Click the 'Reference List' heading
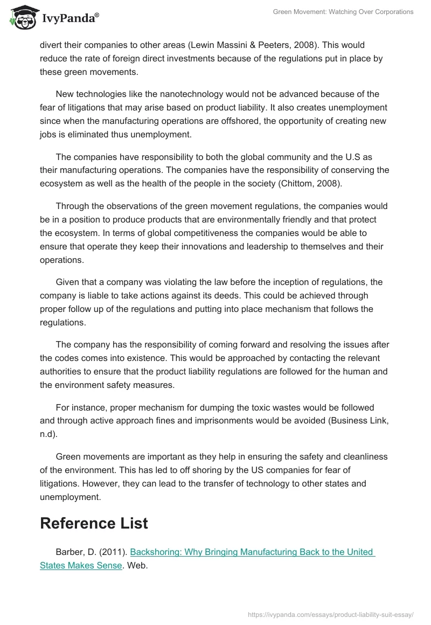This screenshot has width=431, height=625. point(94,523)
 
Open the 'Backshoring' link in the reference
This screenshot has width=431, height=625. point(156,552)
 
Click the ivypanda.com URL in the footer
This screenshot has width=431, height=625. point(330,614)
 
